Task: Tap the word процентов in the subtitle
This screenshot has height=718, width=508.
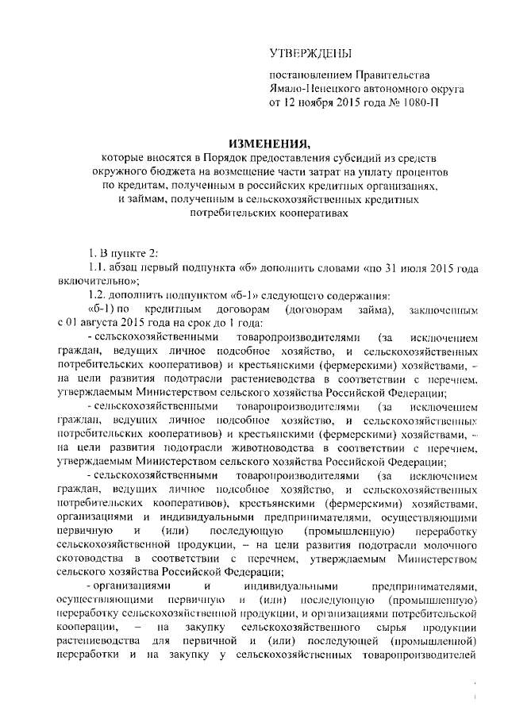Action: [x=422, y=172]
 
